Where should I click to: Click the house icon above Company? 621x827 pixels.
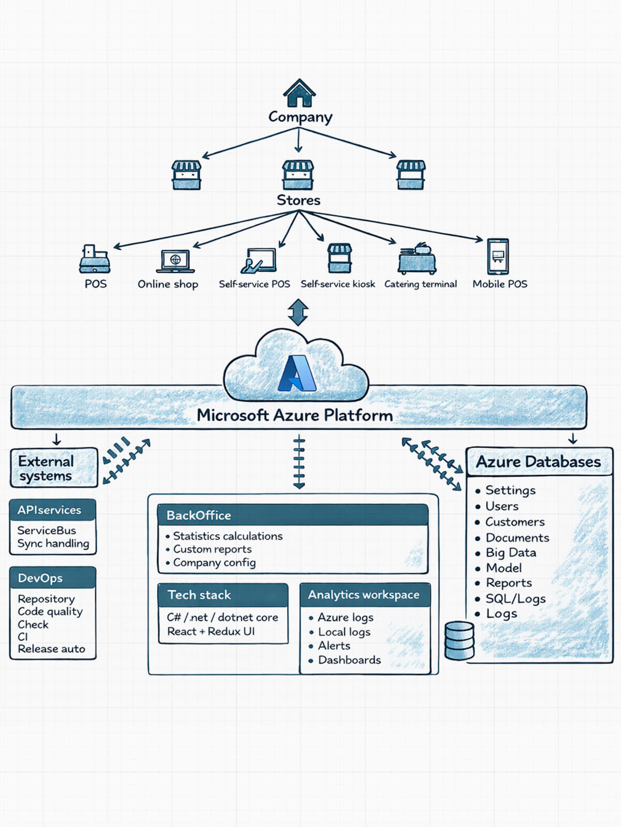[x=299, y=93]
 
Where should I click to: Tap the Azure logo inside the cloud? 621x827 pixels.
[x=297, y=374]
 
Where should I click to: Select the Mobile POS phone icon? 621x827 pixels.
[x=498, y=256]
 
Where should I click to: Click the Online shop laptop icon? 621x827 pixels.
[x=175, y=261]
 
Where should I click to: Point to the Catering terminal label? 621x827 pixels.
[x=420, y=284]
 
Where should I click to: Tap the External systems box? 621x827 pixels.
[x=54, y=468]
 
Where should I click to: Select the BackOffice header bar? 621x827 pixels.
[x=292, y=515]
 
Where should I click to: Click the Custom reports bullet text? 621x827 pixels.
[x=212, y=549]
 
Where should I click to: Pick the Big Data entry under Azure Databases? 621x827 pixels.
[x=510, y=553]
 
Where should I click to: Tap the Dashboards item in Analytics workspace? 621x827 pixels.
[x=349, y=660]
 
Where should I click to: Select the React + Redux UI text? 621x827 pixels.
[x=211, y=631]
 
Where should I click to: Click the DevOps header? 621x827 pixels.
[x=53, y=578]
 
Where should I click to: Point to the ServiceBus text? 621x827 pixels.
[x=47, y=530]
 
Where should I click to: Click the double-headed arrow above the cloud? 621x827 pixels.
[x=298, y=312]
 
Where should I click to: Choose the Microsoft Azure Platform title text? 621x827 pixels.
[x=294, y=415]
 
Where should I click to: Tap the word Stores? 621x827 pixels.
[x=299, y=200]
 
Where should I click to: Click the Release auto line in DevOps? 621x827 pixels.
[x=51, y=649]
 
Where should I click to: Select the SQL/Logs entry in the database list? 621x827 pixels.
[x=515, y=599]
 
